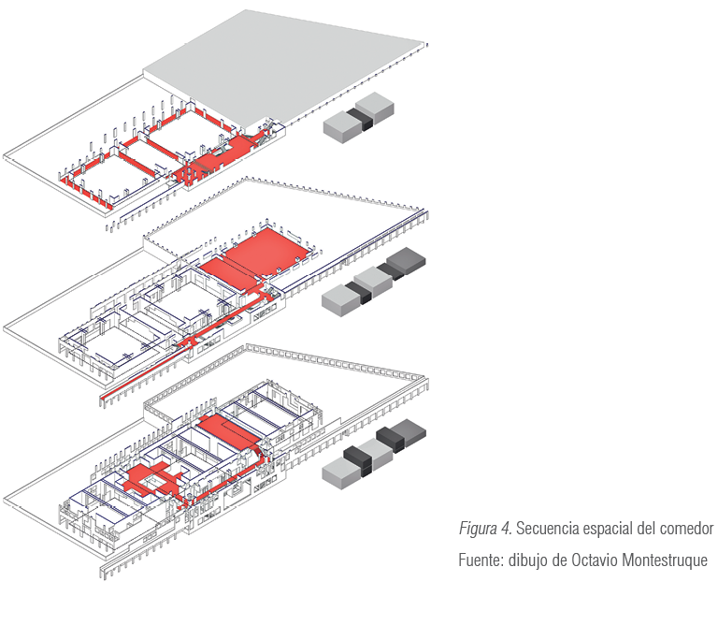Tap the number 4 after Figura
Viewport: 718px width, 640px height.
506,529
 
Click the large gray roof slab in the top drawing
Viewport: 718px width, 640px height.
285,68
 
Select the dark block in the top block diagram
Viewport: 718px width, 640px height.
360,118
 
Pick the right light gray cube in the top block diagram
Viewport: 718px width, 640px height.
375,109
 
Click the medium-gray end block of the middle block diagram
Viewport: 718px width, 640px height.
407,260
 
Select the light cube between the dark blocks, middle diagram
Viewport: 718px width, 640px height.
374,282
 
